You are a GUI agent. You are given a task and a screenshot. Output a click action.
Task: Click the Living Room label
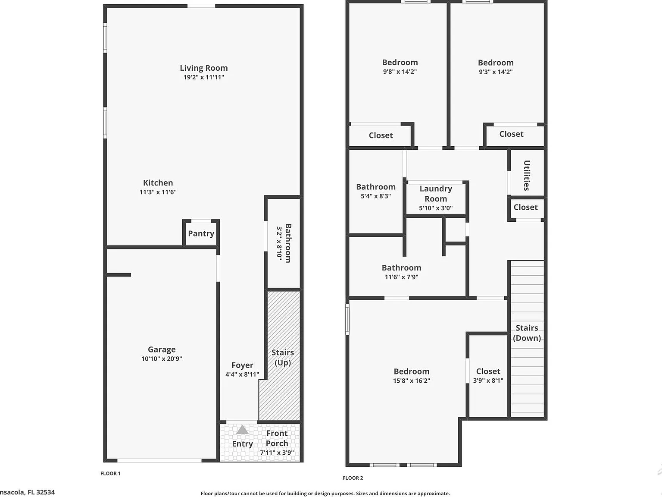204,68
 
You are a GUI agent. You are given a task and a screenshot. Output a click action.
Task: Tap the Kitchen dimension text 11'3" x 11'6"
158,192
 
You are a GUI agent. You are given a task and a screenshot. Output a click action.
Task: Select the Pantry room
201,233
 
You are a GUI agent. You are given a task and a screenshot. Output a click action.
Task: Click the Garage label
162,349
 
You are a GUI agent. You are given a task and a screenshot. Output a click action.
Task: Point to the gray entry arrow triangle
242,430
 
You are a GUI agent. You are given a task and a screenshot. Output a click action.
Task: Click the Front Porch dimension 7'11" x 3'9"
277,453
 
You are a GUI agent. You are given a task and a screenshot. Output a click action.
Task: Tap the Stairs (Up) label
283,358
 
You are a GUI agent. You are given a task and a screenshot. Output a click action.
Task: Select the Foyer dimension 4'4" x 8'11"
242,374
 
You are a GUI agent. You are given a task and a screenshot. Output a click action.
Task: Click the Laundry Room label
436,194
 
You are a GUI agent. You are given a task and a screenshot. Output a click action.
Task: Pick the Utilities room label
527,176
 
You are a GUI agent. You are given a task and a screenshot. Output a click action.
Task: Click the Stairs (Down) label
527,333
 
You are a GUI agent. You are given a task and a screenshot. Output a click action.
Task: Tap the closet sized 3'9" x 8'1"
488,375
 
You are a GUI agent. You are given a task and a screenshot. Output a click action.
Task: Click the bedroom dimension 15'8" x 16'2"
412,381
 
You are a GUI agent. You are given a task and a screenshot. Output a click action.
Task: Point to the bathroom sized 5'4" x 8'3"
376,191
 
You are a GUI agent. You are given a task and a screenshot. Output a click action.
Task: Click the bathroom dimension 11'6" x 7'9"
401,277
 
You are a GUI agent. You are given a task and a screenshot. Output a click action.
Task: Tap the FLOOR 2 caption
353,478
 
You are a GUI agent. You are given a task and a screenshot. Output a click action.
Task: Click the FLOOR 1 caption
110,473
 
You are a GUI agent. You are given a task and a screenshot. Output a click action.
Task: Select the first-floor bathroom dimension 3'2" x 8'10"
279,243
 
